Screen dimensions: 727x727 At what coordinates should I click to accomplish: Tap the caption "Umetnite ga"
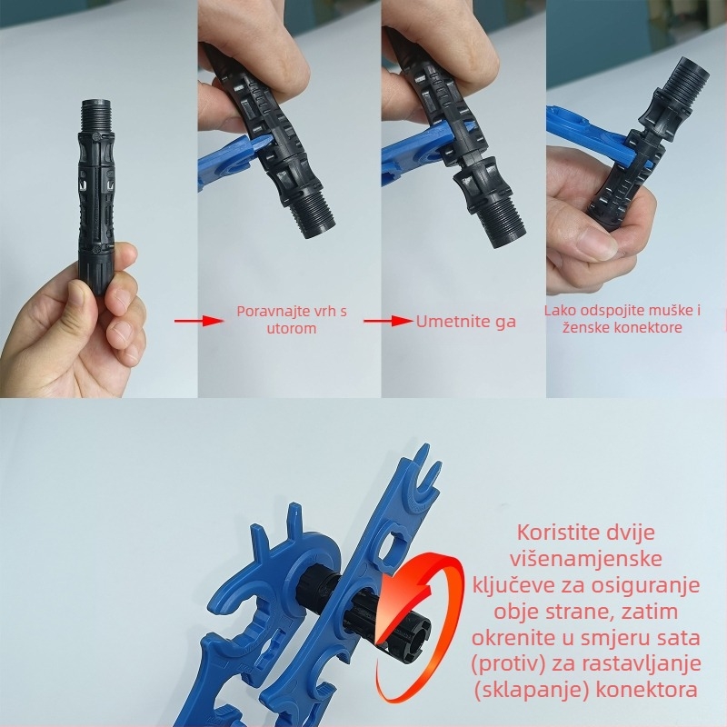tap(465, 321)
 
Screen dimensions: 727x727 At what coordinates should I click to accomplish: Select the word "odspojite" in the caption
tap(610, 311)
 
